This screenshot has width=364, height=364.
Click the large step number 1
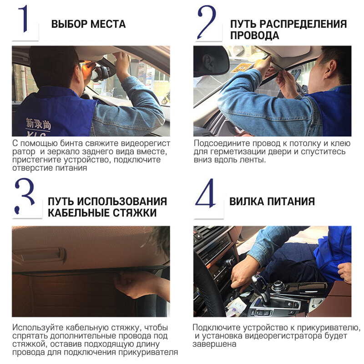click(x=24, y=19)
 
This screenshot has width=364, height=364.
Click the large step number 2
click(x=206, y=22)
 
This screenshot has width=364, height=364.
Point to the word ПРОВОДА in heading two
click(x=255, y=35)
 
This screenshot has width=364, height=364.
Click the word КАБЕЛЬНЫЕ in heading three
click(x=79, y=212)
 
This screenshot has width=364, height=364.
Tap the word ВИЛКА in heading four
click(x=246, y=201)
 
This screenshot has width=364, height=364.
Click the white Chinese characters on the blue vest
click(x=38, y=124)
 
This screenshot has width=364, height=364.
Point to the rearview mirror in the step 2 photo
click(x=211, y=61)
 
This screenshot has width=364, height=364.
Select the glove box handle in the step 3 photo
click(x=40, y=255)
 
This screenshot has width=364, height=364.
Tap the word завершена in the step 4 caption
click(x=214, y=344)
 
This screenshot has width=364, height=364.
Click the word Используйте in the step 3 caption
click(x=38, y=328)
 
